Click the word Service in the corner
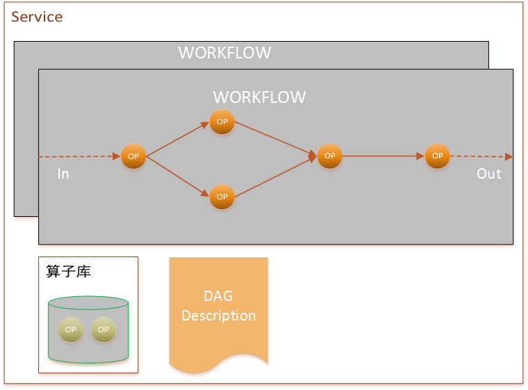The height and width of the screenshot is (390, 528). pos(37,17)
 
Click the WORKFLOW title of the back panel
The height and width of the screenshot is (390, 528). pos(224,53)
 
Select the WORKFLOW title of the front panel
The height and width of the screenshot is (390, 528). pos(259,97)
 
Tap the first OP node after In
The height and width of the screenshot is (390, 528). pos(133,156)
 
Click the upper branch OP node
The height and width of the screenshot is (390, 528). pos(222,122)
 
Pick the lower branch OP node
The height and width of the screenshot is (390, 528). pos(222,197)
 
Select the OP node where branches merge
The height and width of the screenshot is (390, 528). pos(330,156)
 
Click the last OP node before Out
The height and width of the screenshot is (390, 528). pos(438,156)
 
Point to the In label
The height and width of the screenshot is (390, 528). pos(63,174)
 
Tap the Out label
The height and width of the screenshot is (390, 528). pos(489,174)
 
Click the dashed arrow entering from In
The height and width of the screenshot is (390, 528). pos(79,156)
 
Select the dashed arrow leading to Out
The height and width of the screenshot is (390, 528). pos(481,156)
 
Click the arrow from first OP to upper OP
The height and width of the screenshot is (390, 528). pos(178,139)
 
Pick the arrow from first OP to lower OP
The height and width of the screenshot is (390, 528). pos(178,177)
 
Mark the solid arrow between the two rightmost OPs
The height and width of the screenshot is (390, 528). pos(383,156)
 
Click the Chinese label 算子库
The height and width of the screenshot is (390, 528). pos(68,271)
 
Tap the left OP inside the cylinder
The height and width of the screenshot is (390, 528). pos(71,330)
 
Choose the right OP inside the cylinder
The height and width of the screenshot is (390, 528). pos(104,330)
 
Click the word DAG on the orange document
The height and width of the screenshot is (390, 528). pos(218,296)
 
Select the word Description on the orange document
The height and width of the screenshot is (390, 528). pos(219,316)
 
